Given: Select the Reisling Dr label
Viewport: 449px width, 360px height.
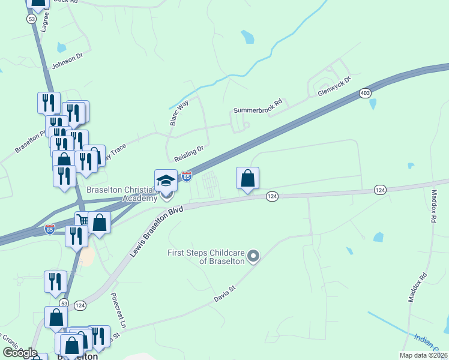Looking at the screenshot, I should pos(190,153).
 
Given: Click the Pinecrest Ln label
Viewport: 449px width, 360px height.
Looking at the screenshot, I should pos(119,310).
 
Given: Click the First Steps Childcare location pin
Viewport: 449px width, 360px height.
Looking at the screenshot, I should pos(253,256).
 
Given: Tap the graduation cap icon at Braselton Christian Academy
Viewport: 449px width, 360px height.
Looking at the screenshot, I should pos(166,179).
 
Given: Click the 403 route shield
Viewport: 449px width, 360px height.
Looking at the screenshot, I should pos(365,93).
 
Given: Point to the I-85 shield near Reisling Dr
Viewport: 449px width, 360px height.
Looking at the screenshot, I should pos(187,176).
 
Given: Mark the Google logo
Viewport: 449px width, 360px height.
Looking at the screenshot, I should pos(20,353).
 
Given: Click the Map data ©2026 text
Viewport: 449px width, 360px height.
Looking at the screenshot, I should pos(423,355).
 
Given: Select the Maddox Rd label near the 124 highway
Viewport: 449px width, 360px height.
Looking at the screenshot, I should pos(433,207).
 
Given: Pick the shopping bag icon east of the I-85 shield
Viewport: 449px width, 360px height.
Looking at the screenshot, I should pos(247,178).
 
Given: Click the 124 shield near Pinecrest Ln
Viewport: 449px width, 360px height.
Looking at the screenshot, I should pos(80,305).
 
